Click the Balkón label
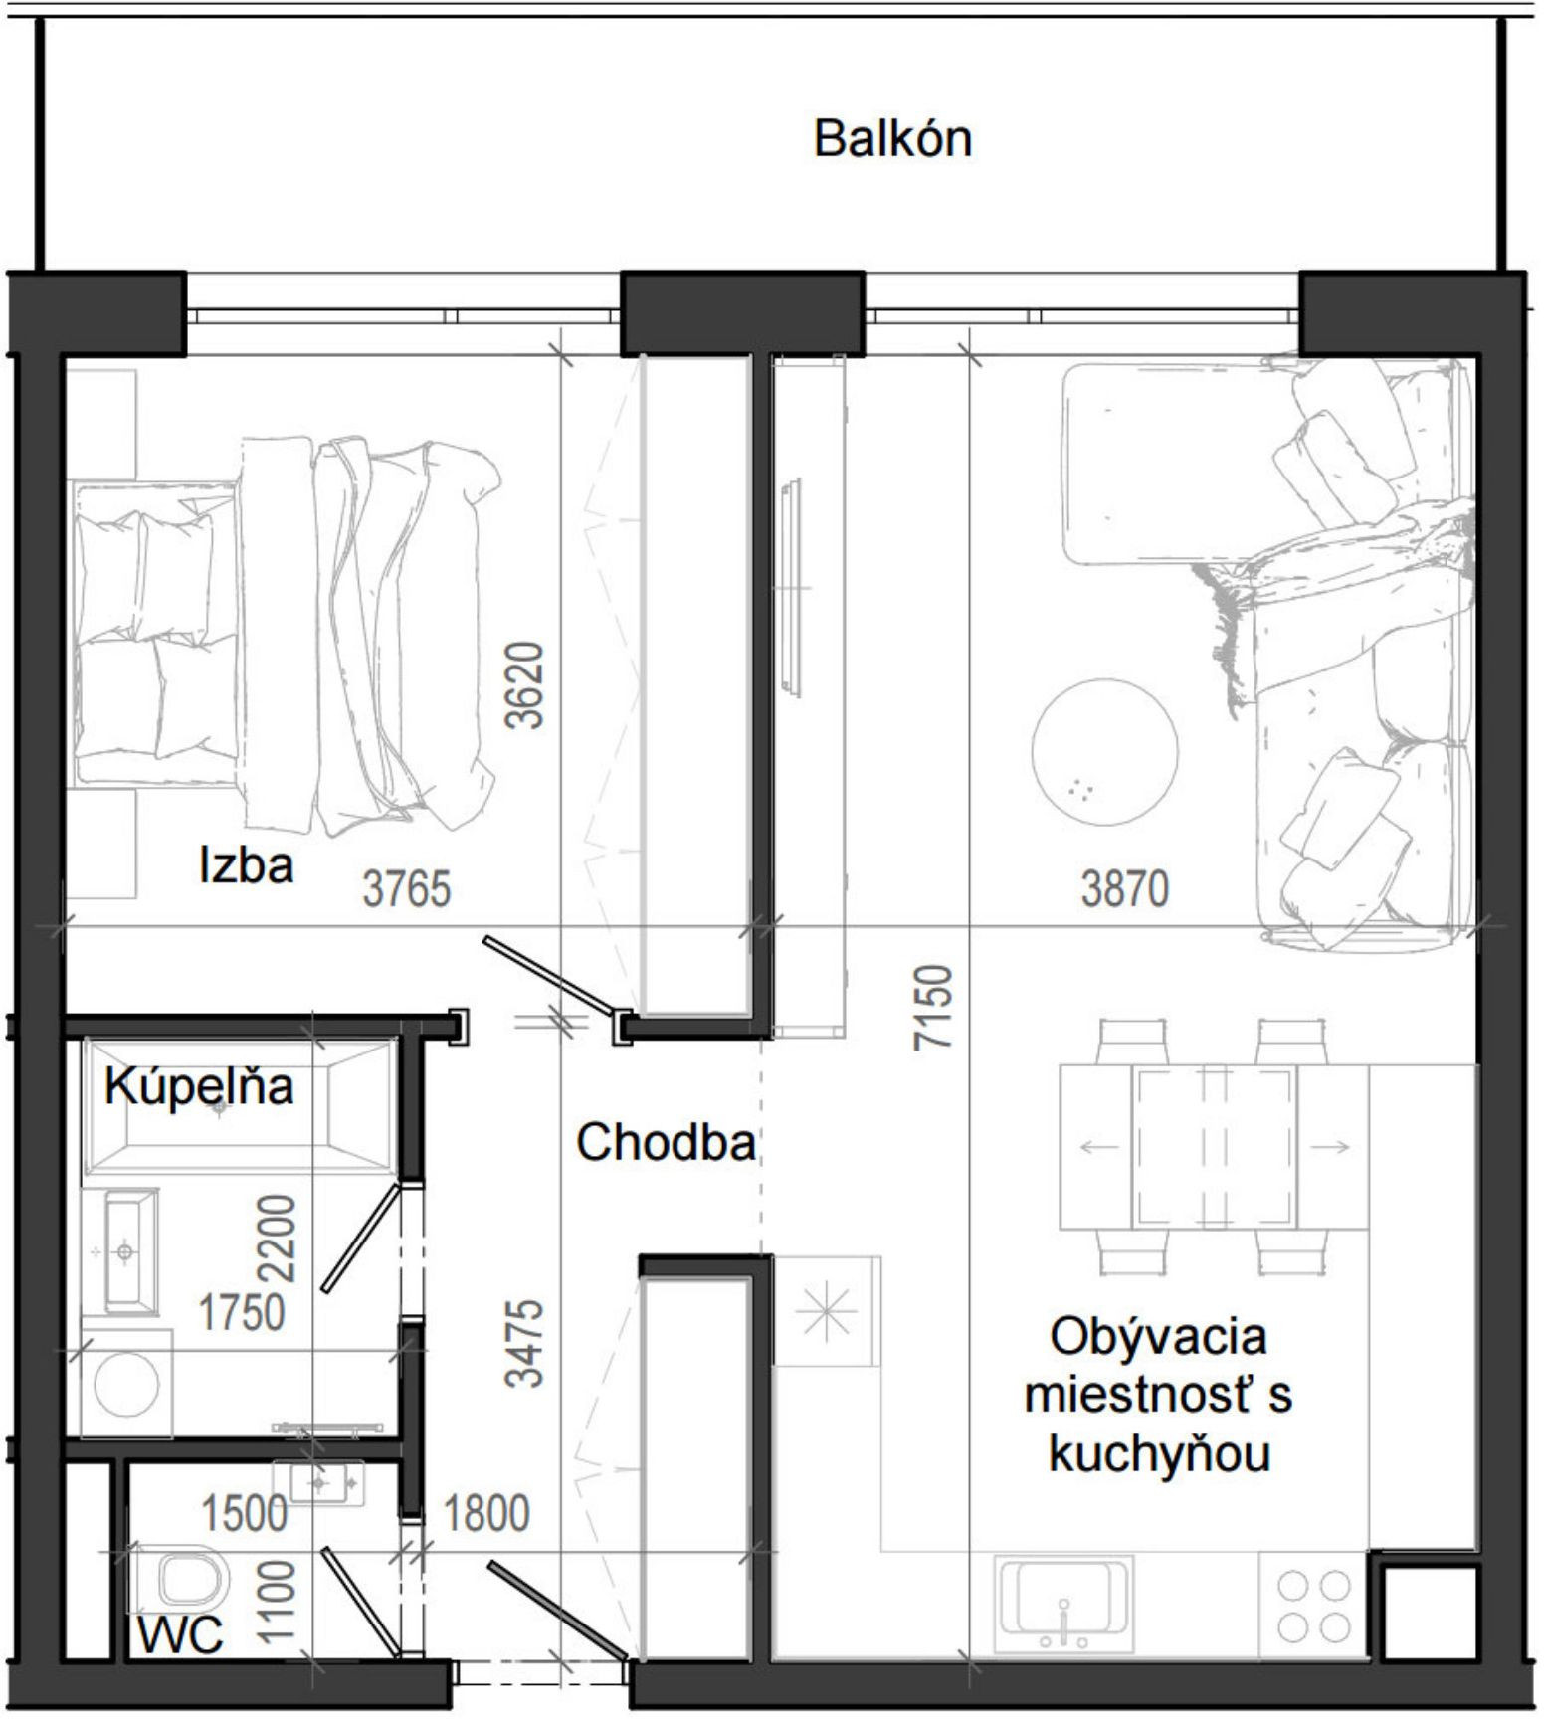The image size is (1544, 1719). (891, 139)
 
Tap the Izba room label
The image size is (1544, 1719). (246, 864)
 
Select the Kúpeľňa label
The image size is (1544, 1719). (199, 1086)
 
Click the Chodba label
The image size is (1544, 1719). (666, 1142)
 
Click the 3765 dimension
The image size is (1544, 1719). (406, 888)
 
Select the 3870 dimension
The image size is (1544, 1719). (1124, 888)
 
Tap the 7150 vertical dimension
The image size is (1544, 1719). (935, 1006)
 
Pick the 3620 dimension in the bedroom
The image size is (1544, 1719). (525, 685)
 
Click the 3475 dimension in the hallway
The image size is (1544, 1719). (525, 1343)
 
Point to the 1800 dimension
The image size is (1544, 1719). (485, 1514)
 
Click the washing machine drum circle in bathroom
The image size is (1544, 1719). (124, 1384)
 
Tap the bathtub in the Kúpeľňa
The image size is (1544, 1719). (239, 1104)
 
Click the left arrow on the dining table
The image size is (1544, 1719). (1098, 1147)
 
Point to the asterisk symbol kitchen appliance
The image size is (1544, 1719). (827, 1312)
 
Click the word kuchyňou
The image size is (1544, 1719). (1159, 1455)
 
